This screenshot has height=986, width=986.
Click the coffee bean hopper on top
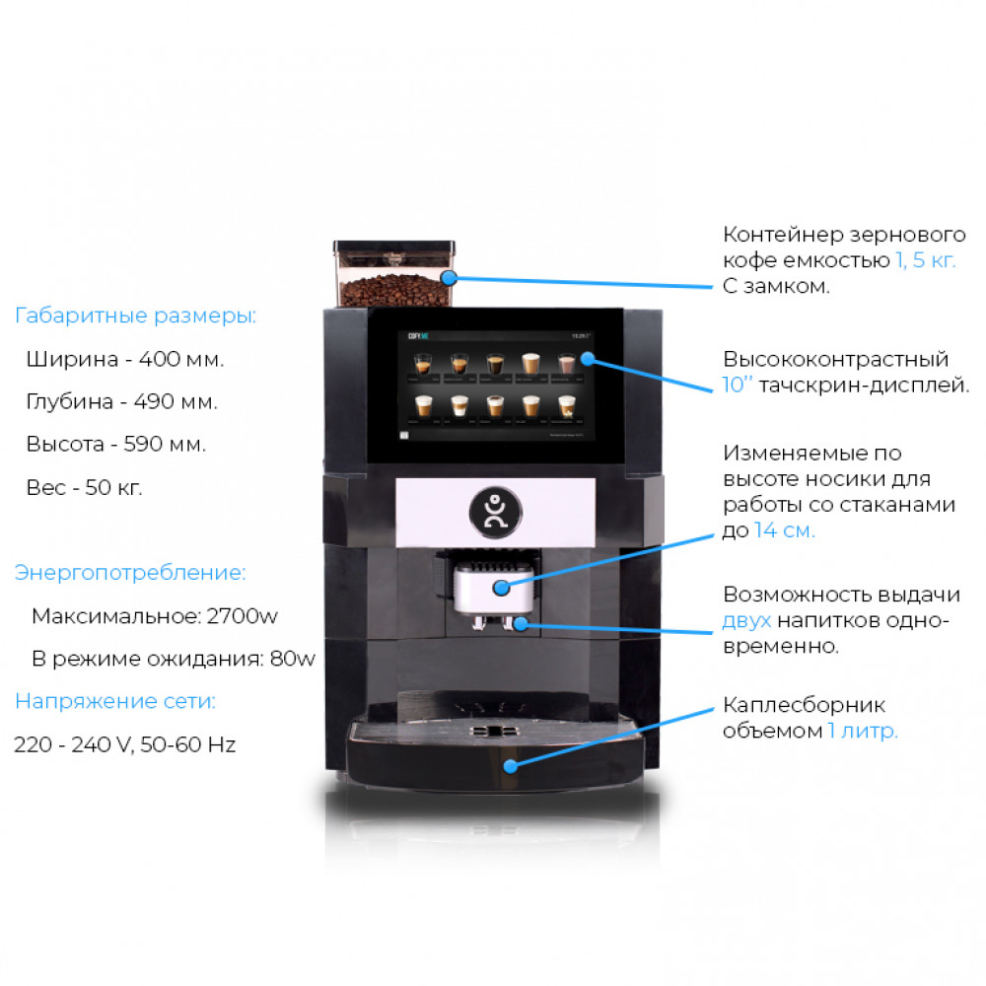pos(394,273)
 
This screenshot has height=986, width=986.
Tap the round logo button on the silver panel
pos(496,508)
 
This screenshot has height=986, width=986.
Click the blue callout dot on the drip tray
pos(510,766)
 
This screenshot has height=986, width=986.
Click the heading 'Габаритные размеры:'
pos(135,317)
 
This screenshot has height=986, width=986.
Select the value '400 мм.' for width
pos(182,359)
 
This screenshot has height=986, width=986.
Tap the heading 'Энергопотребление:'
pos(130,573)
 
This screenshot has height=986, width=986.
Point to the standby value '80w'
pos(293,659)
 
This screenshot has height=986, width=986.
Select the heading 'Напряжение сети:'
pos(114,702)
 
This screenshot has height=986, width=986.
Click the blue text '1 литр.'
pos(863,731)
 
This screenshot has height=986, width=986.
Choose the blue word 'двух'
pos(746,621)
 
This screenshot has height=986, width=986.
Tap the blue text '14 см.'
pos(785,530)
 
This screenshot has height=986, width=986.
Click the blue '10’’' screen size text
pos(738,386)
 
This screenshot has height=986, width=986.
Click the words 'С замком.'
pos(776,287)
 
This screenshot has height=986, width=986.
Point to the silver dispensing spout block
pos(493,587)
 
